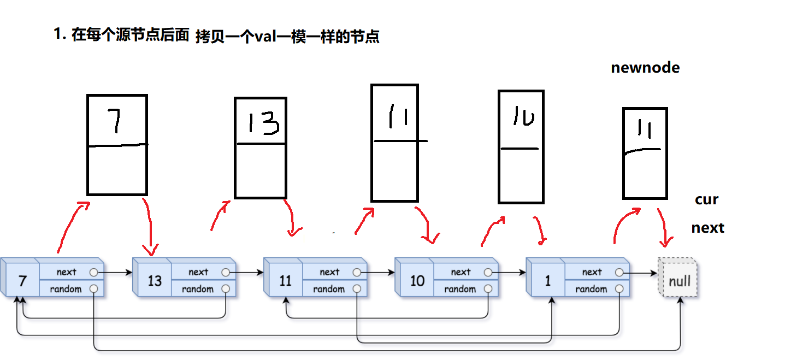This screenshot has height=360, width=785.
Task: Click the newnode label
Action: (645, 68)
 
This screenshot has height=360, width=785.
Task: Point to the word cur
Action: (706, 199)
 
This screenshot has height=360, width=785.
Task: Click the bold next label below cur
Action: (707, 228)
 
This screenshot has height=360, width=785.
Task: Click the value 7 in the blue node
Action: (22, 281)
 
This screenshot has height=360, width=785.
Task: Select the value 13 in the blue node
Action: (155, 281)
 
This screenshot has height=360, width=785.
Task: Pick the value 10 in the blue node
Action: (417, 281)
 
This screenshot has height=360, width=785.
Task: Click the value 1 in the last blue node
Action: (547, 281)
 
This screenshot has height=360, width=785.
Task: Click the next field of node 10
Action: (461, 272)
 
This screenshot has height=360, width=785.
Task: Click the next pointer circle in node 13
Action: (226, 272)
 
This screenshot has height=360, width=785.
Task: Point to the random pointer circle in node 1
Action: (619, 288)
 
